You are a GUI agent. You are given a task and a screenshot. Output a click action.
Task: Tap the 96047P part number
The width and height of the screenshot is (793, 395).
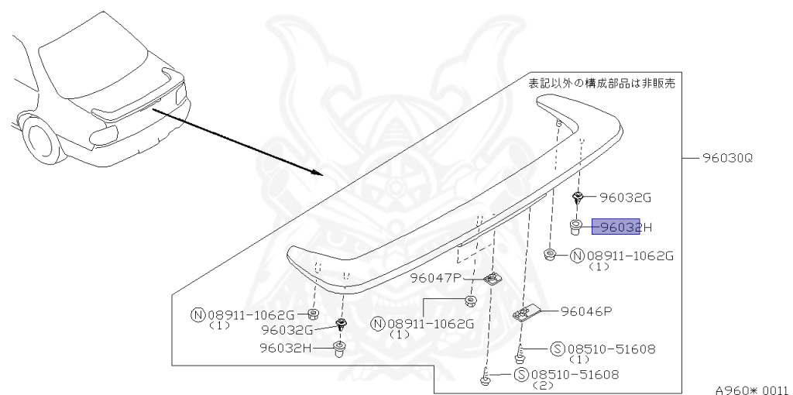point(435,277)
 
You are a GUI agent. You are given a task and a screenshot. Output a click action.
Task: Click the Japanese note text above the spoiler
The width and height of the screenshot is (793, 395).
point(601,83)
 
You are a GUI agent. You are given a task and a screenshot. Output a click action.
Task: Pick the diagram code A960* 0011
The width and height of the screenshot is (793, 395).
point(751,390)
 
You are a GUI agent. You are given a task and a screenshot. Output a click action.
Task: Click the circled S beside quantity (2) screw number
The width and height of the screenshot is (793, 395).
point(522,375)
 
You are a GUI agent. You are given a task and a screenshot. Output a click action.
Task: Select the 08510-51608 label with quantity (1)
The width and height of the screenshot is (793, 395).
point(611,349)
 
